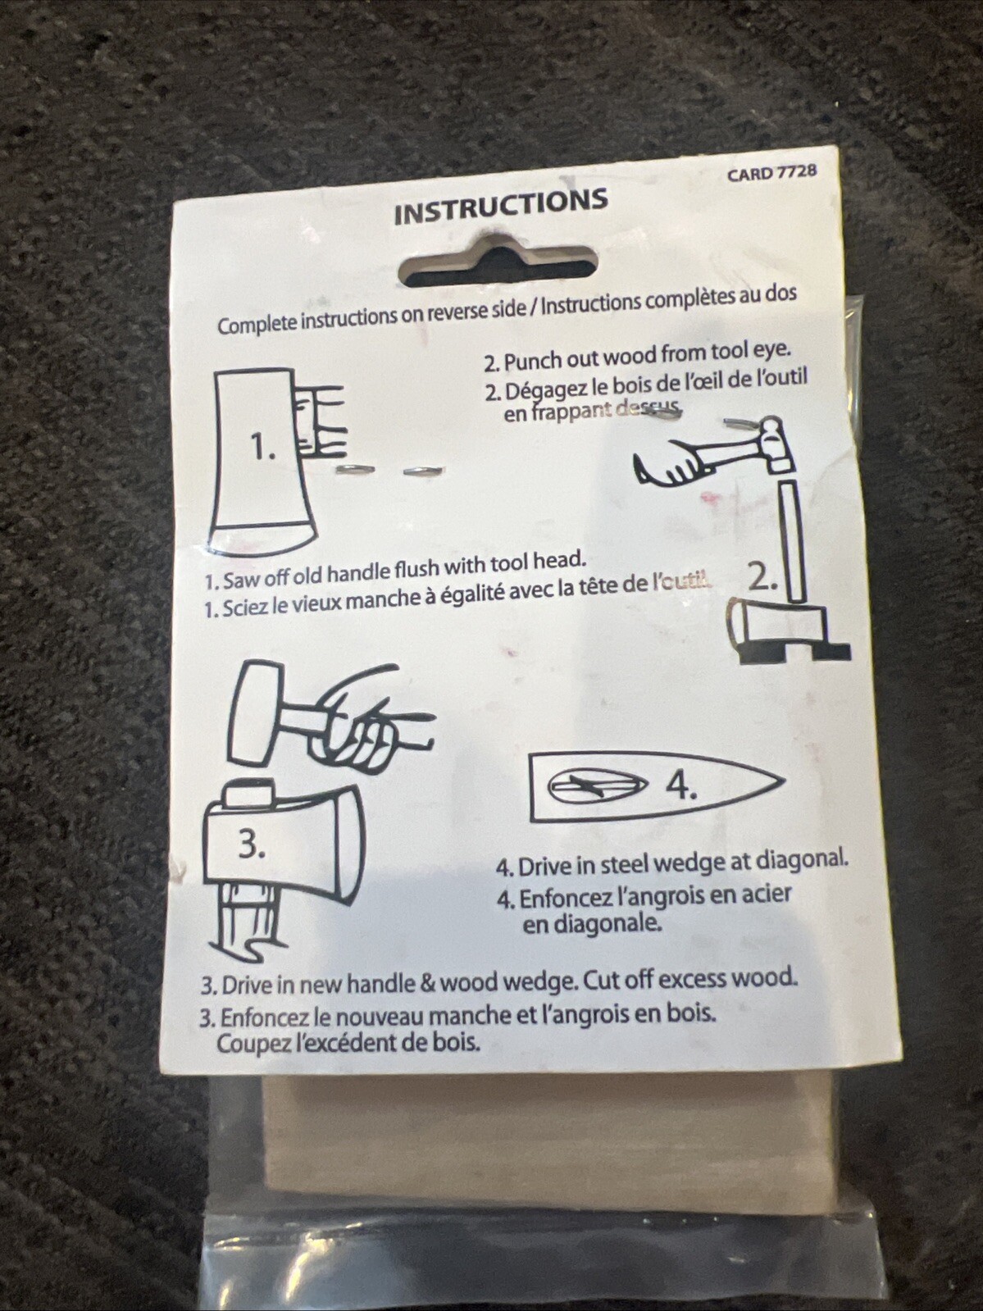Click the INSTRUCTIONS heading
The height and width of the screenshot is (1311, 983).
501,207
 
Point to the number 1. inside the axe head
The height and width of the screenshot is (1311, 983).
263,447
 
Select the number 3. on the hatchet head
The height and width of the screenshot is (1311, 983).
252,844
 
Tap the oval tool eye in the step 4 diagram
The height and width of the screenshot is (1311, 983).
599,789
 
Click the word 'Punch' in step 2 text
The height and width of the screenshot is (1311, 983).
531,360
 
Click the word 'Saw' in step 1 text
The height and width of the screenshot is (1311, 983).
241,580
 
